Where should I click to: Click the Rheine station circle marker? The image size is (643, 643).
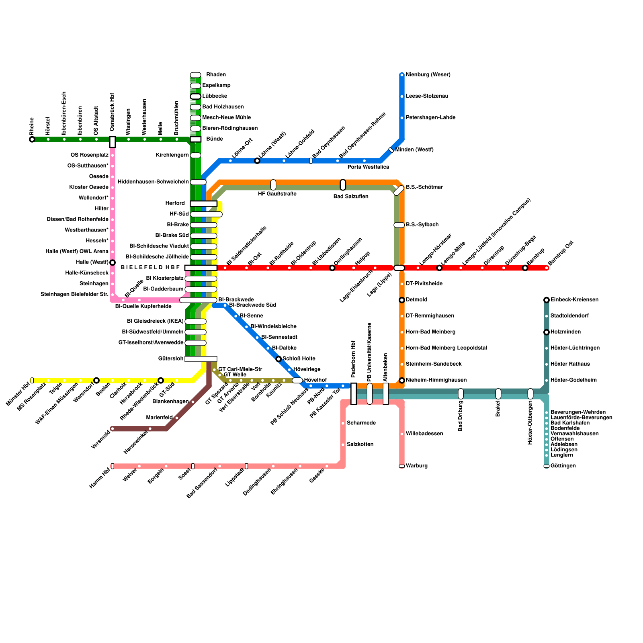(x=32, y=139)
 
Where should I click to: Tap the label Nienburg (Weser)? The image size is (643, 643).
(x=428, y=75)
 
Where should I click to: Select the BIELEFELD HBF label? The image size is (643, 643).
(x=150, y=268)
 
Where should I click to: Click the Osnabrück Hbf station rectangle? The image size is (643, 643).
(x=113, y=142)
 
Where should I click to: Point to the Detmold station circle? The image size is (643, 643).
(x=402, y=300)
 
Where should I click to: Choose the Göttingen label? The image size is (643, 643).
(x=563, y=466)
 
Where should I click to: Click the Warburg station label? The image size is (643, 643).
(x=417, y=466)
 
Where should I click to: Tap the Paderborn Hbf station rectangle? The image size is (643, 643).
(x=354, y=394)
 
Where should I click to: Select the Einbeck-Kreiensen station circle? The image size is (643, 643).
(x=547, y=300)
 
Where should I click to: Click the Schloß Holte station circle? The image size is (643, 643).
(x=278, y=359)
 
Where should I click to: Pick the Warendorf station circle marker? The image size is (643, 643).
(x=96, y=381)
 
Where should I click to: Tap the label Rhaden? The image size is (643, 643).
(x=216, y=75)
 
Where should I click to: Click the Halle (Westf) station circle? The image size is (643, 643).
(x=113, y=263)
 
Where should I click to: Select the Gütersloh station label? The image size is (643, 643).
(x=171, y=359)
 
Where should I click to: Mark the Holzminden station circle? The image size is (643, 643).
(x=547, y=332)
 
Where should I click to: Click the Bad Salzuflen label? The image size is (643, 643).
(x=351, y=197)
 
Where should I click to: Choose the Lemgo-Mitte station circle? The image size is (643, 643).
(x=439, y=268)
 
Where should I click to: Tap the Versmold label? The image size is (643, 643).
(x=100, y=440)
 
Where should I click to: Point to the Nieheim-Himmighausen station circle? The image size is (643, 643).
(x=402, y=381)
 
